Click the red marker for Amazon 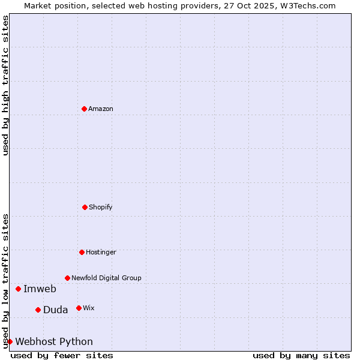click(x=84, y=109)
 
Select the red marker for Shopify click(x=85, y=207)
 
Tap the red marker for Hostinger click(x=82, y=252)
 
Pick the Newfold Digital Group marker click(x=67, y=278)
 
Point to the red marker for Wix click(x=79, y=308)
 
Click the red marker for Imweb click(x=18, y=289)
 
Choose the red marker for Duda click(x=38, y=310)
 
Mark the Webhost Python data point click(x=10, y=341)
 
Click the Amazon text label click(x=101, y=109)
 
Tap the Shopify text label click(x=100, y=207)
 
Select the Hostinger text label click(x=101, y=252)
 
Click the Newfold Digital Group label click(x=106, y=278)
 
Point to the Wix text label click(x=88, y=308)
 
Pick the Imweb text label click(x=40, y=289)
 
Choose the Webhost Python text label click(x=54, y=341)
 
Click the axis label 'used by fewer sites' click(x=62, y=355)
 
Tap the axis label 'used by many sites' click(x=301, y=355)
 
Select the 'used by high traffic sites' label click(x=5, y=85)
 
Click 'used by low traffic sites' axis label click(x=5, y=280)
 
